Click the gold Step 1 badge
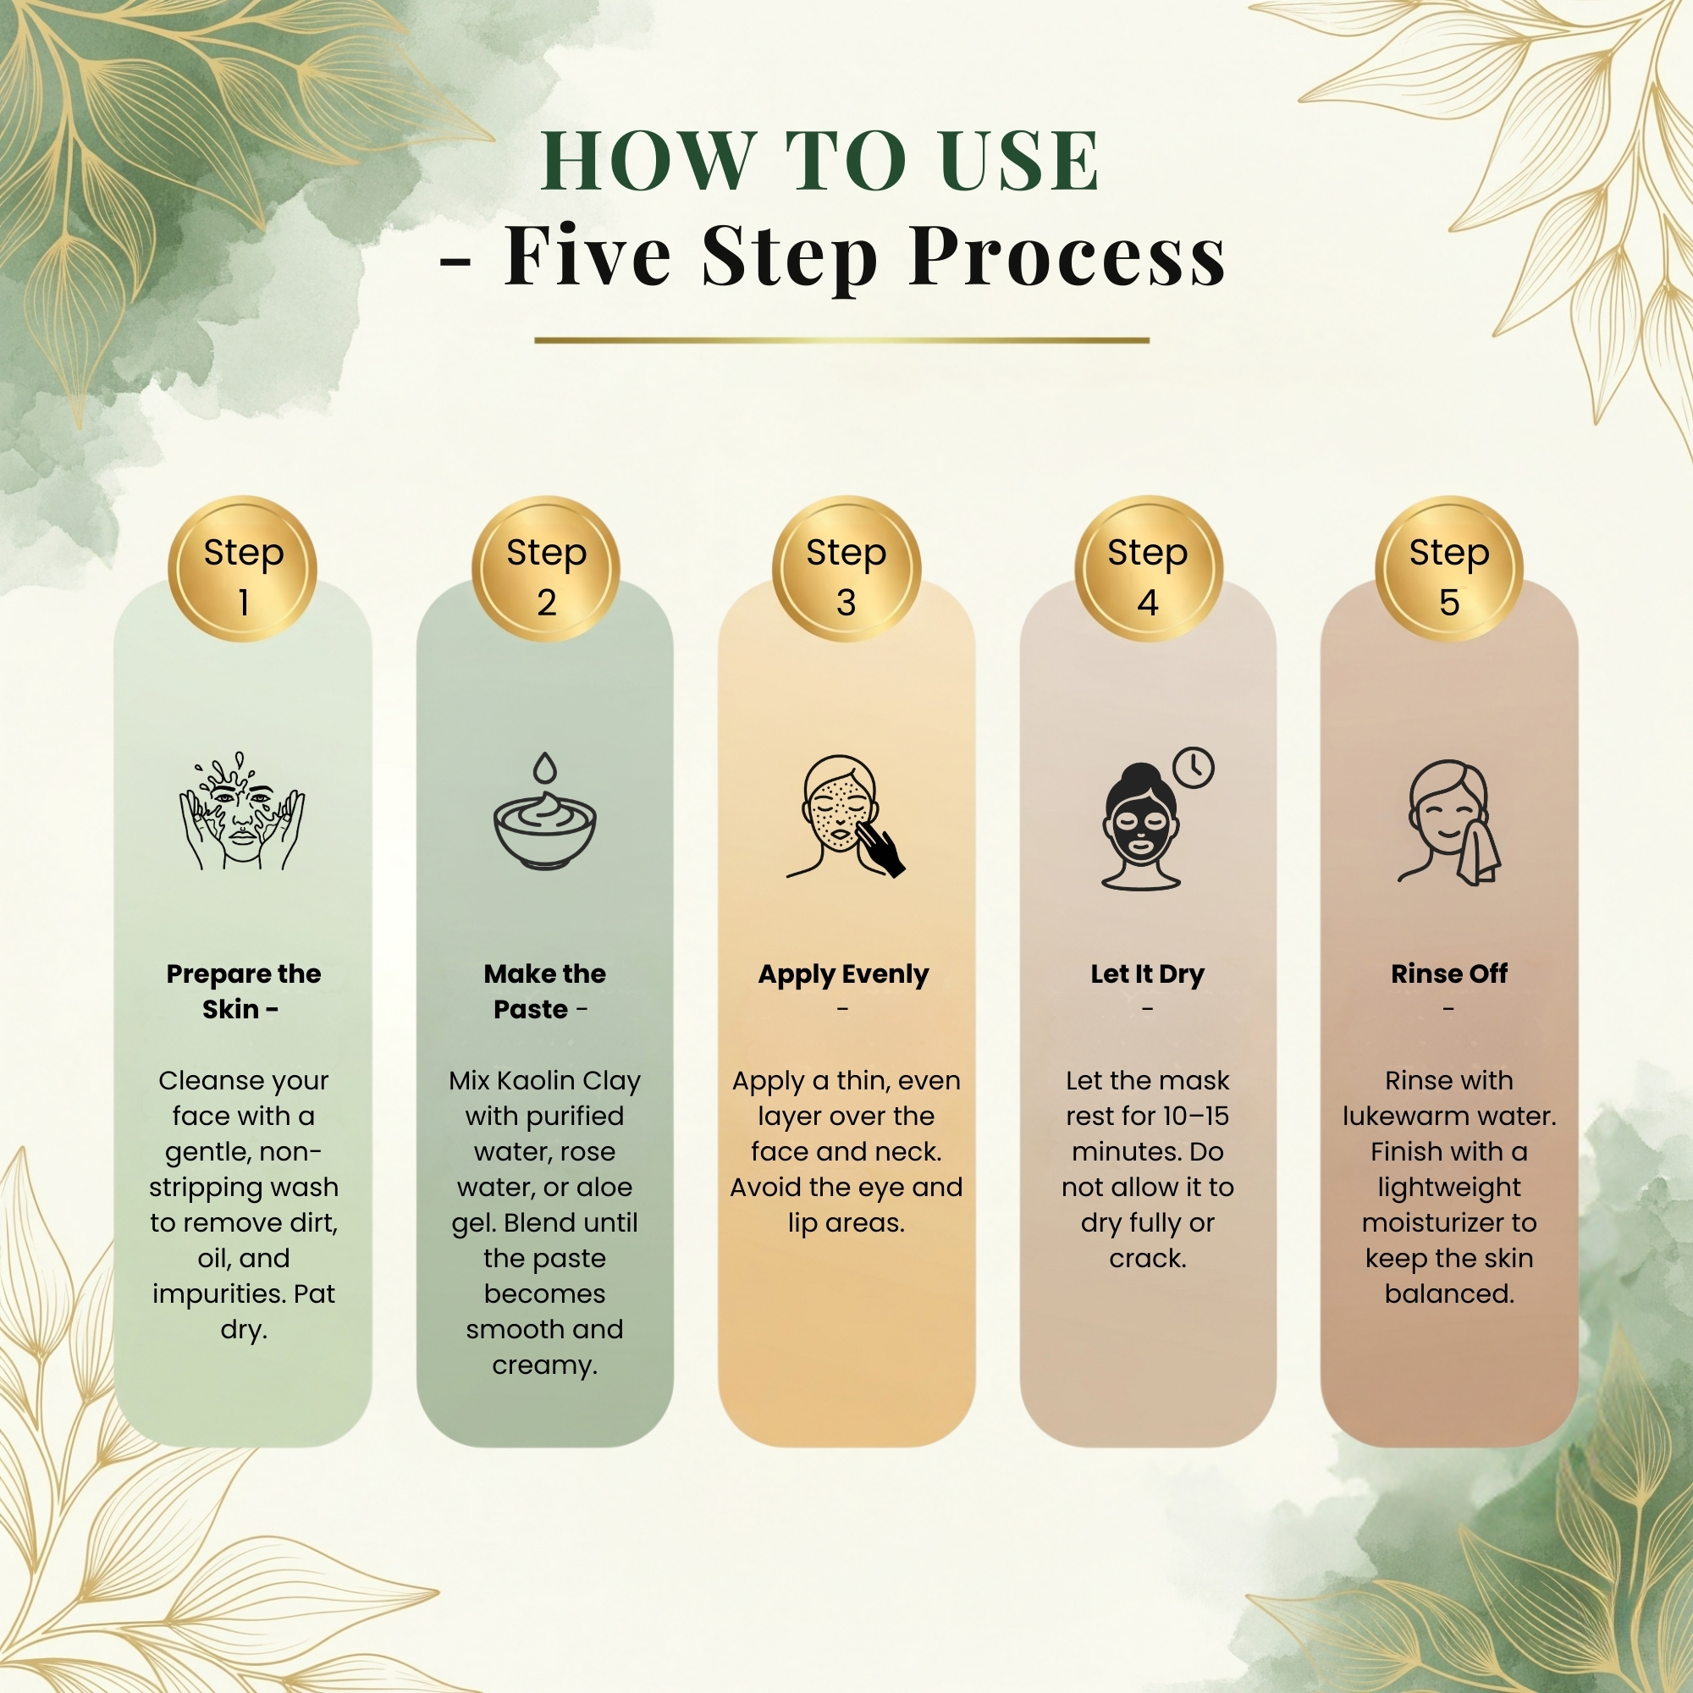click(x=243, y=570)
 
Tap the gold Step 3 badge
click(x=846, y=570)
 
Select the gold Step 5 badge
click(x=1449, y=570)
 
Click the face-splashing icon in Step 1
click(x=243, y=811)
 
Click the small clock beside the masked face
click(x=1194, y=769)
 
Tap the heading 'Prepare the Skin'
click(x=243, y=991)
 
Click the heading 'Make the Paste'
click(x=544, y=991)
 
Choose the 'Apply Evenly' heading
click(x=843, y=974)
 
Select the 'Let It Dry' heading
click(x=1147, y=974)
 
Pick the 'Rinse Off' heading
click(x=1449, y=973)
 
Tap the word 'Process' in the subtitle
click(x=1067, y=256)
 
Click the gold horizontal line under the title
click(x=842, y=340)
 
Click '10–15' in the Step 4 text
click(x=1188, y=1117)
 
